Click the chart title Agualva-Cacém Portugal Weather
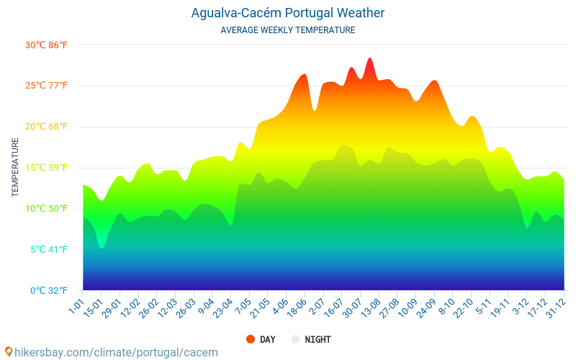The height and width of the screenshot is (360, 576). [x=288, y=13]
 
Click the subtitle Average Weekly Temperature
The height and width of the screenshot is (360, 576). [x=288, y=30]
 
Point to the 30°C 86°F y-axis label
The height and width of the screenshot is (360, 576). [x=46, y=45]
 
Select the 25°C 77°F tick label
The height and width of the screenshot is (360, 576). [x=46, y=86]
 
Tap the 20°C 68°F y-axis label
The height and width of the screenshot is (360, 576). [x=46, y=127]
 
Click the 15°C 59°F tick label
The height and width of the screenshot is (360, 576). [x=46, y=168]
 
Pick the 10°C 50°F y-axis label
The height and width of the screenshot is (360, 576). [x=46, y=209]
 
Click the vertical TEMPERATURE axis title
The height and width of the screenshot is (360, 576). [x=15, y=168]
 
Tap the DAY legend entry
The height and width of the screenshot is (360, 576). [x=261, y=339]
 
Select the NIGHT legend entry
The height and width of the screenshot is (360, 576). [x=311, y=339]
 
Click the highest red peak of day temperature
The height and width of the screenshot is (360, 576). [x=370, y=59]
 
